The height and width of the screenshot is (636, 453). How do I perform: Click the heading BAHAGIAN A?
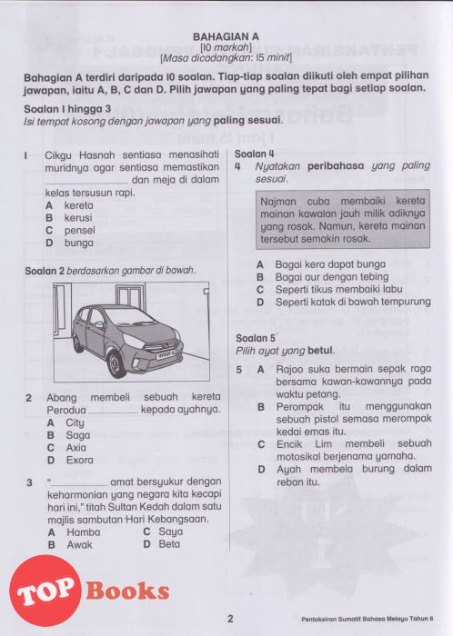click(x=226, y=37)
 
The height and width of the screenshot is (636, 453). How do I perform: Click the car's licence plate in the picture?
click(x=166, y=354)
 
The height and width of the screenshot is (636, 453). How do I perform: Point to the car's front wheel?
click(x=117, y=363)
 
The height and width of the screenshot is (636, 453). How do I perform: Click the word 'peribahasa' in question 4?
click(x=336, y=166)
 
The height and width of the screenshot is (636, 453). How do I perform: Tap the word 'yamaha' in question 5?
click(x=396, y=457)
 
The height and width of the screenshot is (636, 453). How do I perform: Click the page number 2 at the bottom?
click(x=230, y=619)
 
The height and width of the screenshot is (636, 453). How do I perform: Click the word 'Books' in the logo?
click(x=127, y=591)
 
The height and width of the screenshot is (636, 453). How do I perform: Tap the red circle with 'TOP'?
click(x=45, y=591)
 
